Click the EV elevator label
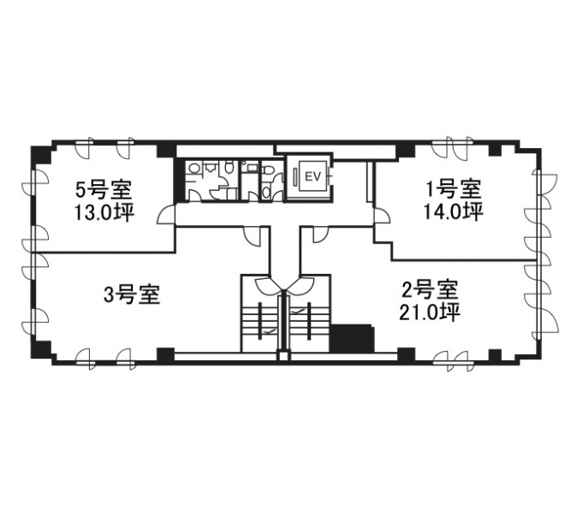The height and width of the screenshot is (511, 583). coord(312,177)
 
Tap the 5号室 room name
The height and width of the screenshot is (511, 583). coord(104,191)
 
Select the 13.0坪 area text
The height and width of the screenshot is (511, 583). coord(104,213)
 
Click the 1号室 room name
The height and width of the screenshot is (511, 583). coord(454,191)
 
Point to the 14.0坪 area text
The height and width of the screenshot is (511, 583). coord(453,211)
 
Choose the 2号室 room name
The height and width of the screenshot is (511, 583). coord(430,290)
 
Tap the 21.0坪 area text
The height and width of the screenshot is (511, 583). coord(430,312)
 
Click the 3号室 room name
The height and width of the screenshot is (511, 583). coord(132,294)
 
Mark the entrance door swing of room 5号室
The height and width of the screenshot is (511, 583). coord(166,215)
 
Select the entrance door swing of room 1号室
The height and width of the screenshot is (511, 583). coord(382,215)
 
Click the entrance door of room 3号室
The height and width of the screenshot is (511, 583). coord(255,236)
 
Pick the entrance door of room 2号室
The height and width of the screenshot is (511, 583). coord(320,235)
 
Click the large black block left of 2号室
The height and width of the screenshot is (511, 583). coord(352,338)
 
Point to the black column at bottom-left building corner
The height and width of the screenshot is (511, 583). coord(40,349)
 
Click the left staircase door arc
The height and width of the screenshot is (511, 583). coord(268,285)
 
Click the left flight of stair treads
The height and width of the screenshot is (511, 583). coord(260,320)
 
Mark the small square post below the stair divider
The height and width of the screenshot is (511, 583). coord(283,356)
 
